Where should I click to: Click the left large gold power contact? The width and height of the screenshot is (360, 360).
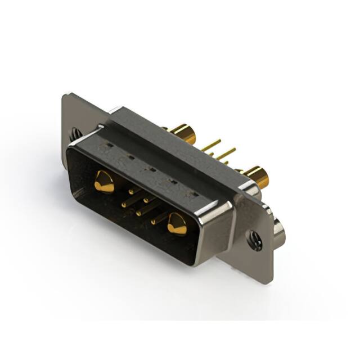pyautogui.click(x=104, y=182)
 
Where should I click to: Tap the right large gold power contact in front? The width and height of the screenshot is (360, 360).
pyautogui.click(x=177, y=224)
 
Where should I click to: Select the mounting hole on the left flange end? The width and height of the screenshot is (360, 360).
pyautogui.click(x=75, y=134)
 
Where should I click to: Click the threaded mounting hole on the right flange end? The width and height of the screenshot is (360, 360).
pyautogui.click(x=256, y=241)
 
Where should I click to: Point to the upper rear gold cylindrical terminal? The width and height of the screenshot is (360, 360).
pyautogui.click(x=183, y=134)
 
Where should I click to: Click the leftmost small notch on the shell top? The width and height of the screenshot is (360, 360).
pyautogui.click(x=107, y=148)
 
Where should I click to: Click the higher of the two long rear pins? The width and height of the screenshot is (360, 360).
pyautogui.click(x=212, y=146)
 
